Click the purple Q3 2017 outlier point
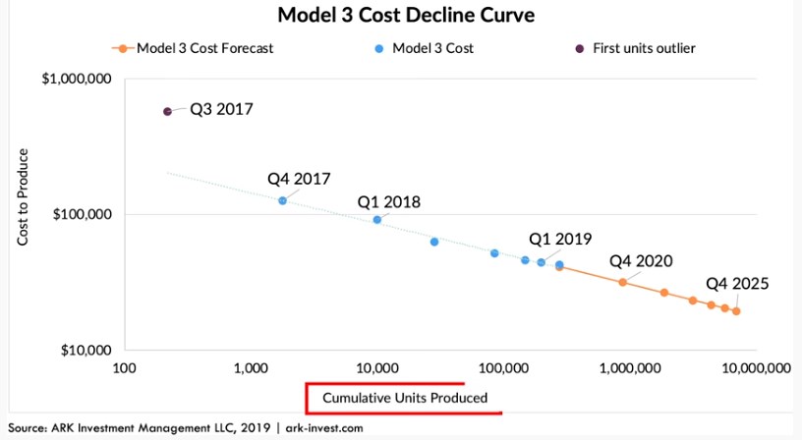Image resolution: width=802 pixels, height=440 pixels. point(167,112)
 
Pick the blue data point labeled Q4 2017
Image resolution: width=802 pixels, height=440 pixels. point(282,200)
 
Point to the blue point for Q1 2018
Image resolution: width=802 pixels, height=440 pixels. point(377,219)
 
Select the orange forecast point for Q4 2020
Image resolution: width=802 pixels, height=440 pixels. point(622,282)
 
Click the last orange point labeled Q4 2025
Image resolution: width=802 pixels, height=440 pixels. point(736,311)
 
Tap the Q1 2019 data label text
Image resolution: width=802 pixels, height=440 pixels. point(561,239)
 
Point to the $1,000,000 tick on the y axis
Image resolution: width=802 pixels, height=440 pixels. point(78,79)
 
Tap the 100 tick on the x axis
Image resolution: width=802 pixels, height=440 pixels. point(124,369)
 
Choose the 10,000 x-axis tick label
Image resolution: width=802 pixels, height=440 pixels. point(376,369)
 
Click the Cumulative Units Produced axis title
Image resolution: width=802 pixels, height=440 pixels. point(404,398)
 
